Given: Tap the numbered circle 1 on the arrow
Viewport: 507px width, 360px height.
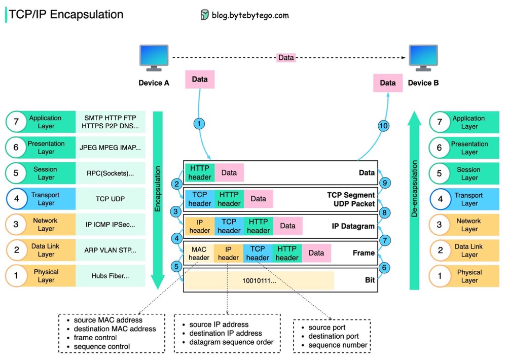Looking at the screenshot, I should point(200,123).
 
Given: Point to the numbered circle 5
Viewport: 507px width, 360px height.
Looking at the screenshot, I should point(176,266).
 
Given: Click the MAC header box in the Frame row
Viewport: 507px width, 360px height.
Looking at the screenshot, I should point(199,254).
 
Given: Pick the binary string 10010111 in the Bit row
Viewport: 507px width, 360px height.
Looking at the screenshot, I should point(259,280).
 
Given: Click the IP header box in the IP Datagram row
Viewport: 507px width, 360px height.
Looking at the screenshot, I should point(200,227).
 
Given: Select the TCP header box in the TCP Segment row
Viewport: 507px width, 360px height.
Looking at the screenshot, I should point(200,199).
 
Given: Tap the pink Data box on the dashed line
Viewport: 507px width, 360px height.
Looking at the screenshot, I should point(286,58).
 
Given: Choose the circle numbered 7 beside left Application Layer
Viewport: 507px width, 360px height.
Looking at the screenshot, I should point(16,122).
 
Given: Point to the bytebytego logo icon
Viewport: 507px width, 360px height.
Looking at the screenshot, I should point(204,15).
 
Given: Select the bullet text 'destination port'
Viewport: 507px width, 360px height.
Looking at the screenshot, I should point(334,336).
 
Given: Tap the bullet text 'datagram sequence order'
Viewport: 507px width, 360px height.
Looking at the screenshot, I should point(231,342).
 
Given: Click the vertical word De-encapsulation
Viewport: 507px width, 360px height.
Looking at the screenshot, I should point(414,189).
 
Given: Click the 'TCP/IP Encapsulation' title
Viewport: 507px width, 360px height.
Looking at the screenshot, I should point(66,15).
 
